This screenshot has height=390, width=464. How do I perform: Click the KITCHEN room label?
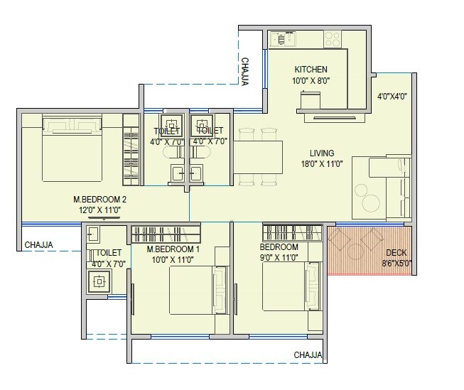(311, 70)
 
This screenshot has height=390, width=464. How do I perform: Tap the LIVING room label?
(323, 153)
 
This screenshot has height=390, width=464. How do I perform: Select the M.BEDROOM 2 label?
(99, 200)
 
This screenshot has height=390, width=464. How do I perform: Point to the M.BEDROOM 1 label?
(173, 250)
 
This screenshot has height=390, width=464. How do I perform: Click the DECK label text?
(396, 253)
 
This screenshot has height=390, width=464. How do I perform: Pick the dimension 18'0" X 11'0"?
(323, 164)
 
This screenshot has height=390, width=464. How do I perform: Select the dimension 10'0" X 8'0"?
(311, 80)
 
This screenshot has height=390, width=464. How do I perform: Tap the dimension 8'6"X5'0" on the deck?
(396, 263)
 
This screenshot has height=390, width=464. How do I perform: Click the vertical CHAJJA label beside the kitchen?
(244, 72)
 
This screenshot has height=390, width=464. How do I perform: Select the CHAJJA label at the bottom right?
(308, 354)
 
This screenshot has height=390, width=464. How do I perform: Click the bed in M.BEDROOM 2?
(71, 148)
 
